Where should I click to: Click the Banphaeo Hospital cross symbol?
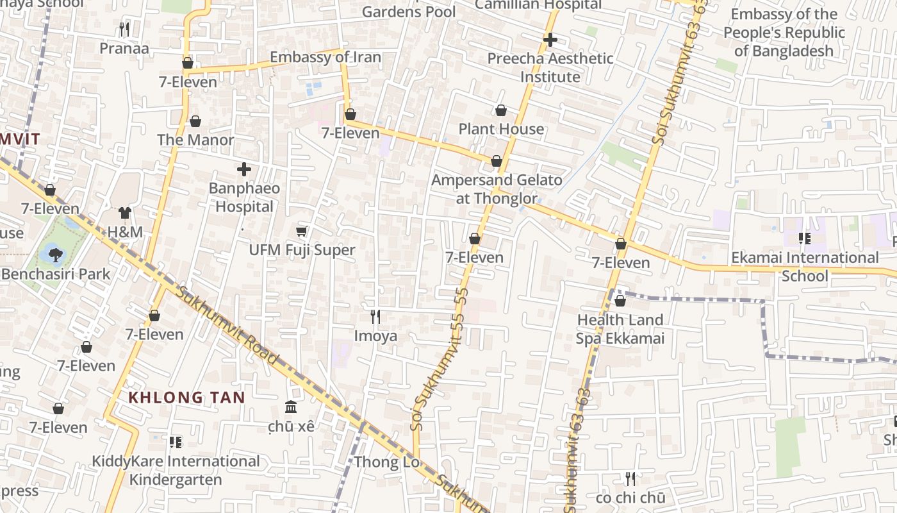243,169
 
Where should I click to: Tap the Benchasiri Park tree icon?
55,255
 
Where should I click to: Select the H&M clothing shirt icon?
124,213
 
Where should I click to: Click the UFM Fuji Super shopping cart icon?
302,231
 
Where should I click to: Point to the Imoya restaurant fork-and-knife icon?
375,316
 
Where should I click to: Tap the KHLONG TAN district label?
186,398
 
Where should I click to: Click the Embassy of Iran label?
325,57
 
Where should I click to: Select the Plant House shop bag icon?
501,110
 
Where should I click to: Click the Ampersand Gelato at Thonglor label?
497,189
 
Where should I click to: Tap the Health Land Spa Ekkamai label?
620,329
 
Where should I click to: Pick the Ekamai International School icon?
804,239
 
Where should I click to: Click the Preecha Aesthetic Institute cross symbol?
550,40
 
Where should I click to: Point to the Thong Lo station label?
386,462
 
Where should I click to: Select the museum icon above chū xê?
291,407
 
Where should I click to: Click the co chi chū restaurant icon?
630,478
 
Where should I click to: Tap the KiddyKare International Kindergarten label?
176,470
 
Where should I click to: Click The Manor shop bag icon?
195,121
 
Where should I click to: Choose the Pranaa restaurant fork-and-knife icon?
124,29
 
